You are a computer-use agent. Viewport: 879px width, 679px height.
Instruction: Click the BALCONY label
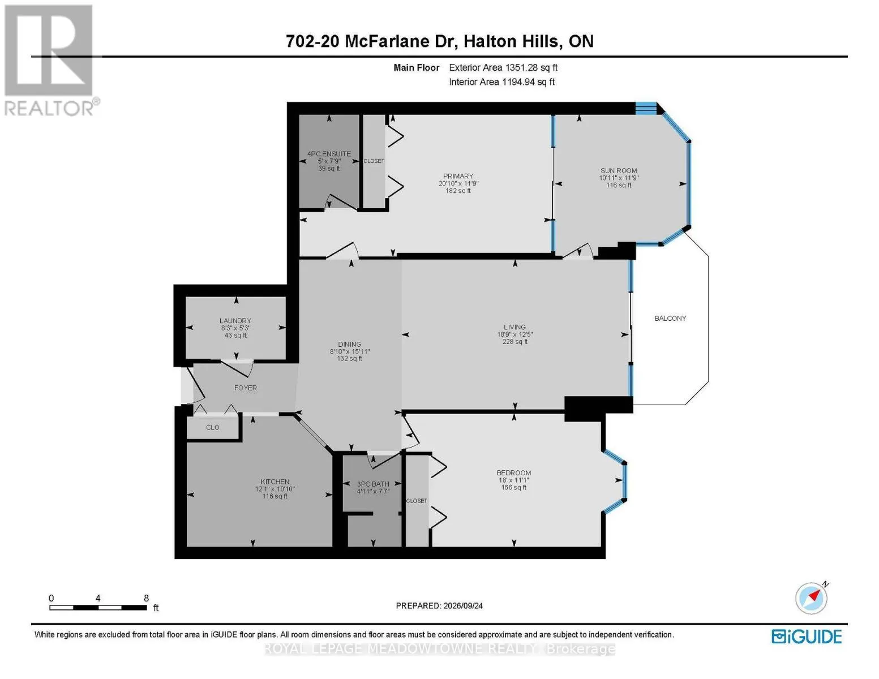[670, 318]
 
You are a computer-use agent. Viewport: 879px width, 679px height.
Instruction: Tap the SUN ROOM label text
[619, 171]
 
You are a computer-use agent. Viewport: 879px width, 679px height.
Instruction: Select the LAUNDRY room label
[235, 321]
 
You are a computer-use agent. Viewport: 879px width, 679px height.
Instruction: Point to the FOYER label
[245, 388]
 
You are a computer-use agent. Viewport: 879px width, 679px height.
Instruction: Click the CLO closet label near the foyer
[212, 427]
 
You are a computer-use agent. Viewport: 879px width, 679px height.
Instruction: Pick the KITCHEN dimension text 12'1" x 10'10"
[275, 489]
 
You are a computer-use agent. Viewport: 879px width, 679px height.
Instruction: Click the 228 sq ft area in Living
[514, 342]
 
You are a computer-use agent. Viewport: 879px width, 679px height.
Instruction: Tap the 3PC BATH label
[372, 484]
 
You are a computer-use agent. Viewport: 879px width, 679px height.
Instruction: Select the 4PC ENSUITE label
[329, 154]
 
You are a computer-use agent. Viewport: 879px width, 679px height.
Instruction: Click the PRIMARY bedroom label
[458, 177]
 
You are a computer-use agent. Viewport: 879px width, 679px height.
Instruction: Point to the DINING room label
[349, 345]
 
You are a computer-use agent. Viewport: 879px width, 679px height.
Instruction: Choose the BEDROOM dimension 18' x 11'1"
[514, 480]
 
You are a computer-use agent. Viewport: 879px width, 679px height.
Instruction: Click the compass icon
[812, 599]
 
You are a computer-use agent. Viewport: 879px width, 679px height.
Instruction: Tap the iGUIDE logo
[807, 637]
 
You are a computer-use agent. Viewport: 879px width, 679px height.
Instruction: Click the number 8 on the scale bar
[146, 598]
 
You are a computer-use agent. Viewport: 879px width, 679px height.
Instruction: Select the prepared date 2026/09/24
[463, 606]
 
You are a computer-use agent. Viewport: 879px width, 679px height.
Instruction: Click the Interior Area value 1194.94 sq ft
[528, 82]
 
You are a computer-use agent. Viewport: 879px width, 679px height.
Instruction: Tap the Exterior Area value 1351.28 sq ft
[531, 67]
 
